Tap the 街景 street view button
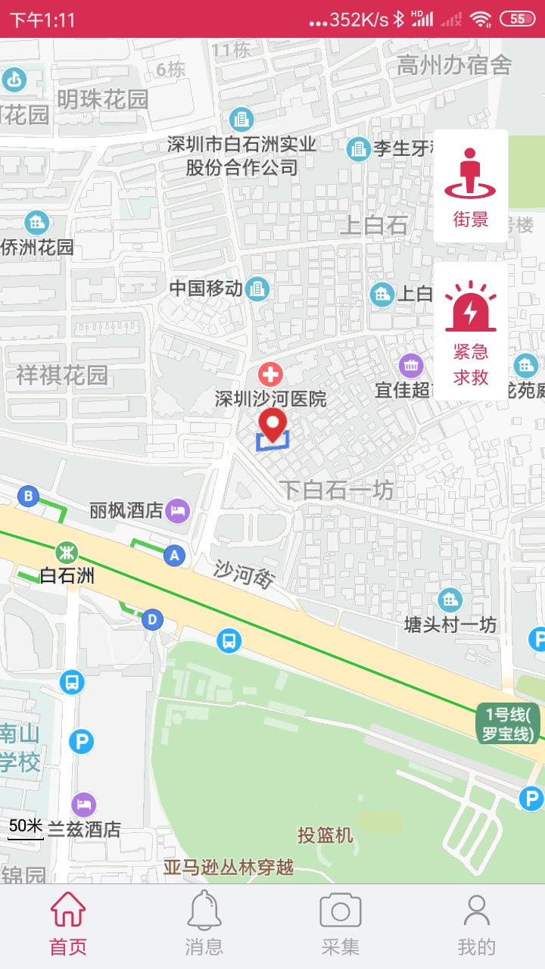point(470,186)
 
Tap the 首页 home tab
point(68,923)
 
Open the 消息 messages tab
point(204,923)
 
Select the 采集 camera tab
point(340,923)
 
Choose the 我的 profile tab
point(476,923)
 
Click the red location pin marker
point(272,424)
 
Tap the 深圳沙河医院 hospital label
point(270,399)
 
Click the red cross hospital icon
point(270,374)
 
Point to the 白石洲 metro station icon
point(67,551)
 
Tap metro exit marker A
point(175,556)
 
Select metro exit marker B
point(29,497)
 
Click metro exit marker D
point(153,619)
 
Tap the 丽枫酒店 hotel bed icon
point(178,509)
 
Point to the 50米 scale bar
point(26,827)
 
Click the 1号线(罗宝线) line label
point(509,724)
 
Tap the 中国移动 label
point(206,288)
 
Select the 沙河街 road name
point(243,575)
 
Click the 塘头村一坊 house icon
point(450,600)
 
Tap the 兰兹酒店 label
point(84,829)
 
